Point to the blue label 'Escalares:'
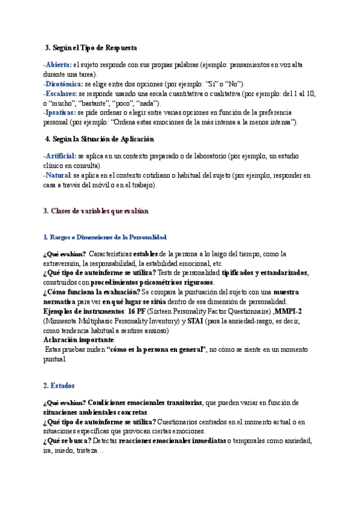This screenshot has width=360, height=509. pyautogui.click(x=60, y=94)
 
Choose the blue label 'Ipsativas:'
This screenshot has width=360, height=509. pyautogui.click(x=59, y=112)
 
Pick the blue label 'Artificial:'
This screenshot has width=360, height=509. pyautogui.click(x=60, y=156)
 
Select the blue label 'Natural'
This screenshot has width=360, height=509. pyautogui.click(x=58, y=175)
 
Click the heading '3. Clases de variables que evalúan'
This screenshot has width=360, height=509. pyautogui.click(x=96, y=211)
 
